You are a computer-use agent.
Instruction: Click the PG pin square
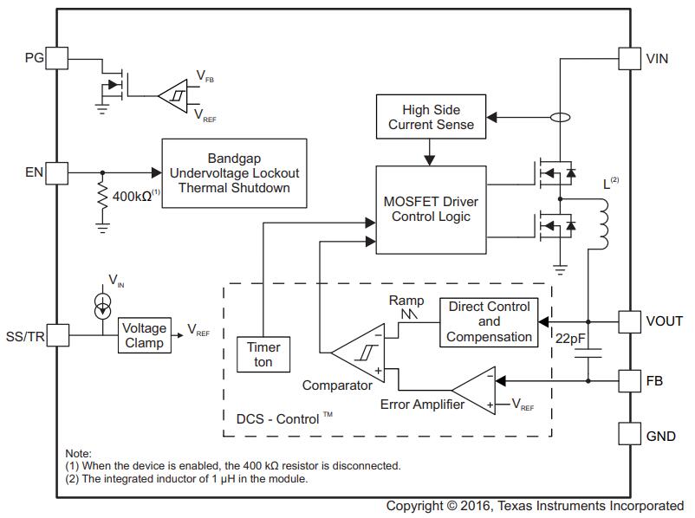[x=56, y=58]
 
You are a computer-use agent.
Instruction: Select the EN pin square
[x=56, y=172]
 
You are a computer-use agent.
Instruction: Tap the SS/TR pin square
[x=56, y=334]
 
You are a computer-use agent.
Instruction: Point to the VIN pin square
[x=630, y=58]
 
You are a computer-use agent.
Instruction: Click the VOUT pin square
[x=630, y=321]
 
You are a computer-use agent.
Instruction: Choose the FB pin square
[x=630, y=379]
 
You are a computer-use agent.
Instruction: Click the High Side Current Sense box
[x=431, y=117]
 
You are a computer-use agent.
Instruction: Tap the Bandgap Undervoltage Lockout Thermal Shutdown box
[x=234, y=172]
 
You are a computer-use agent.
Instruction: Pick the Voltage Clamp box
[x=144, y=335]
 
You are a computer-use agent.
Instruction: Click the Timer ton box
[x=263, y=354]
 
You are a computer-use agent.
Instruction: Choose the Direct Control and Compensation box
[x=489, y=321]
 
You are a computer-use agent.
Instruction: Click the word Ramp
[x=406, y=301]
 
